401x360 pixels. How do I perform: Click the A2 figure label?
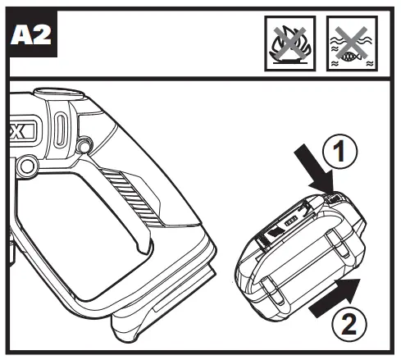(31, 34)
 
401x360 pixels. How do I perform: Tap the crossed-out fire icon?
(289, 43)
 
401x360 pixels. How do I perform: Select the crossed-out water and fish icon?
(352, 43)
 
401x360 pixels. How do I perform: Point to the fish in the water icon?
(351, 56)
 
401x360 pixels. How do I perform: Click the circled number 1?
(339, 152)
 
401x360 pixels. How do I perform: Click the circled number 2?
(349, 323)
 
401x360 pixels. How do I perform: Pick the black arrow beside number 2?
(335, 298)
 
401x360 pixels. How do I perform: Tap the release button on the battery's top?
(334, 198)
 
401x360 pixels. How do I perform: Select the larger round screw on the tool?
(27, 166)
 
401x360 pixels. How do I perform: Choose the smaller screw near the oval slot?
(84, 147)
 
